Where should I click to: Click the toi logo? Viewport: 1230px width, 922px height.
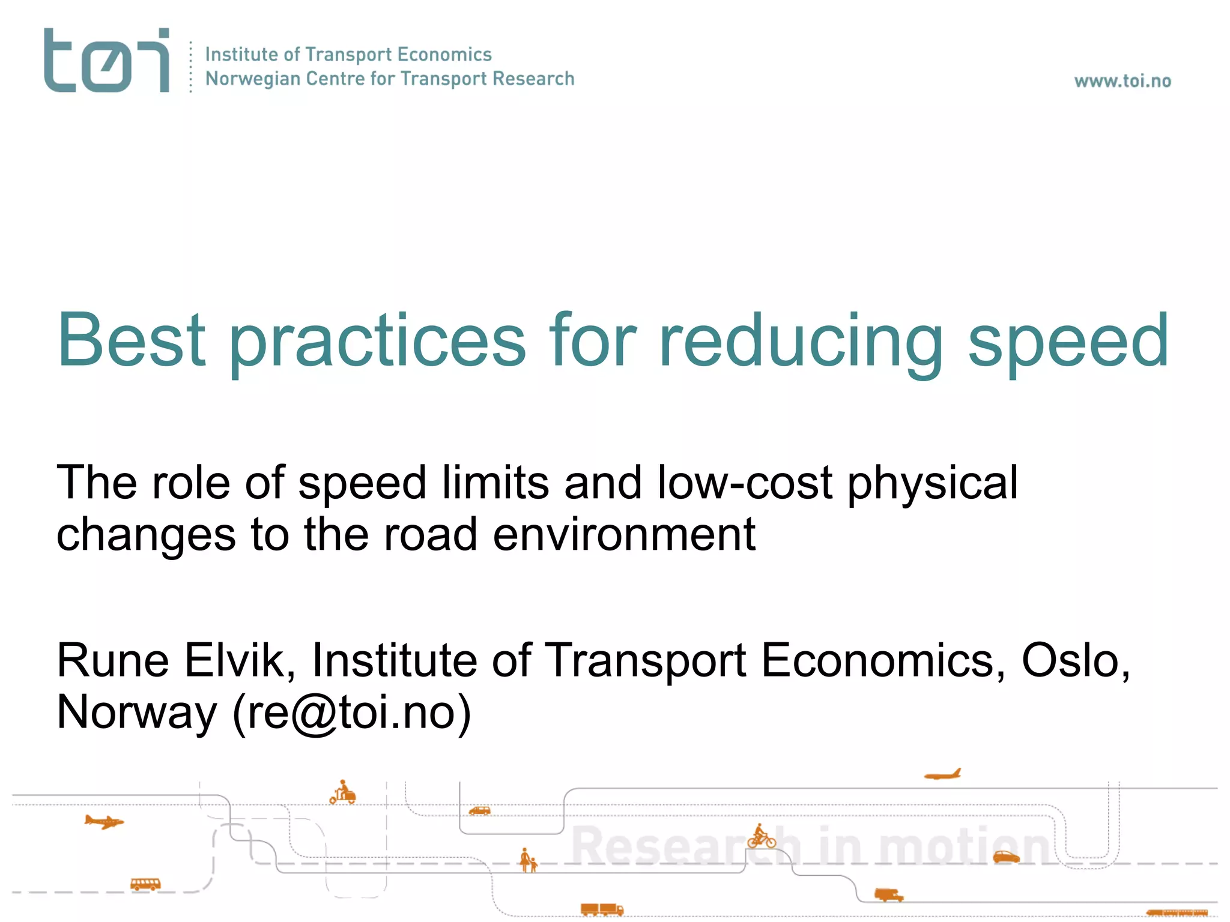coord(106,60)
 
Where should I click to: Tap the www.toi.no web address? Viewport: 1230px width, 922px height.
coord(1122,81)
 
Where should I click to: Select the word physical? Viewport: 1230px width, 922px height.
coord(932,483)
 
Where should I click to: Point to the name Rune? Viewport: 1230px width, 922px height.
coord(113,660)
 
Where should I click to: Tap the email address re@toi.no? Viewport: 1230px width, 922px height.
coord(352,713)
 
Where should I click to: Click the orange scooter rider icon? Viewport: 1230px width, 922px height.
coord(343,792)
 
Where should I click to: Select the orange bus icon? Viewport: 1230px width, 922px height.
coord(145,884)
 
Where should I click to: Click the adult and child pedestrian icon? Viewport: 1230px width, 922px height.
coord(528,860)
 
